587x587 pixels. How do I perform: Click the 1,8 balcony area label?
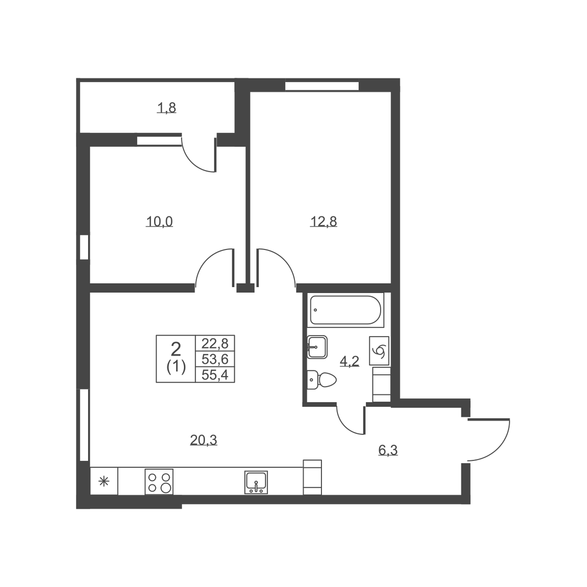click(x=167, y=108)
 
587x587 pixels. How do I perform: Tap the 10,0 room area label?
click(x=159, y=222)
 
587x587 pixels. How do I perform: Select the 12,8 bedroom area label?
click(x=323, y=222)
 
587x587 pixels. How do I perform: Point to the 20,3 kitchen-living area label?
click(x=203, y=440)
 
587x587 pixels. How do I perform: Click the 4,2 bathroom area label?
click(x=350, y=361)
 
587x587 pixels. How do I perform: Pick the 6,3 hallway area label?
click(x=388, y=450)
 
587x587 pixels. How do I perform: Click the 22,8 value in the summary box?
click(x=215, y=343)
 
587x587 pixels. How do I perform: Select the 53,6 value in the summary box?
click(x=215, y=360)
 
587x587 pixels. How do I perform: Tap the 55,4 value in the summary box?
click(x=215, y=375)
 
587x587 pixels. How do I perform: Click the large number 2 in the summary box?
click(x=176, y=349)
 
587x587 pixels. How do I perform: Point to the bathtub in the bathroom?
click(x=345, y=310)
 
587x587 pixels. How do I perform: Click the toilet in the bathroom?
click(x=321, y=380)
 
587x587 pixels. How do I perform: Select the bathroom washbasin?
click(x=317, y=347)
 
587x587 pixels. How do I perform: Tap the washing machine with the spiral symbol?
click(x=379, y=351)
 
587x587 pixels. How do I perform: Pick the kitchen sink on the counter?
click(x=256, y=482)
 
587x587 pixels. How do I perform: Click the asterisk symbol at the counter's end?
click(x=104, y=482)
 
